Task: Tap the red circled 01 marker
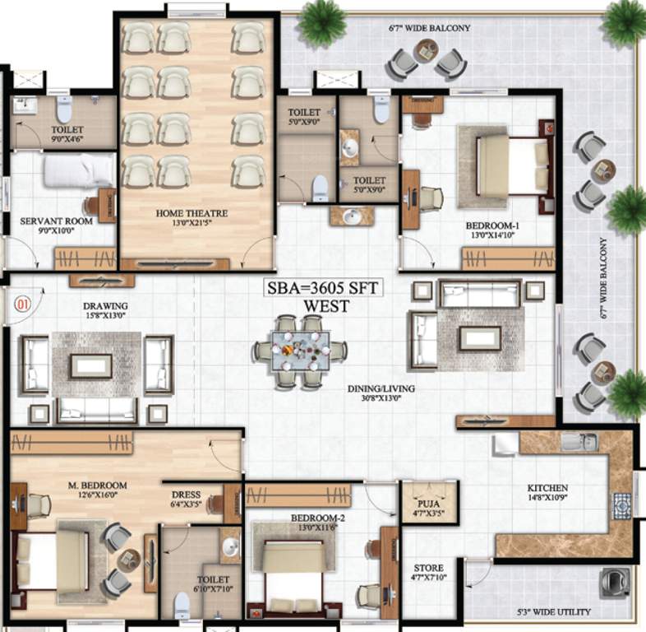(22, 301)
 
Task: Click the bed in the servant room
(77, 170)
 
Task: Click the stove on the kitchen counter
(621, 503)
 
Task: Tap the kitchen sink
(574, 442)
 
